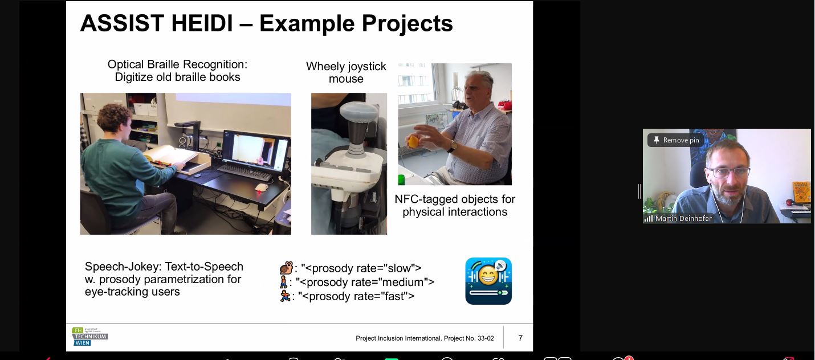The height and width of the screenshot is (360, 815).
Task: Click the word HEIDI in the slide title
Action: pyautogui.click(x=202, y=23)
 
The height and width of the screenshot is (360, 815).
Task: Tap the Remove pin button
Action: pyautogui.click(x=675, y=140)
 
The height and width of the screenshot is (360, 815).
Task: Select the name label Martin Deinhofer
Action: pyautogui.click(x=683, y=219)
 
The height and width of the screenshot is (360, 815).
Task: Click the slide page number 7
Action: pyautogui.click(x=520, y=338)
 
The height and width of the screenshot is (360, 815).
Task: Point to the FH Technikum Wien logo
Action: pyautogui.click(x=89, y=337)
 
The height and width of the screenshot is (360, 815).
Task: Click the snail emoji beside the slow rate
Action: pyautogui.click(x=286, y=268)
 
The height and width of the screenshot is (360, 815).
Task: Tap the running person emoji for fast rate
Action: pyautogui.click(x=285, y=296)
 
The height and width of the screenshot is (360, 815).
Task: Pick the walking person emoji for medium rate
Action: pyautogui.click(x=283, y=282)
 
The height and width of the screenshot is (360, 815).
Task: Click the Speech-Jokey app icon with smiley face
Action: pyautogui.click(x=488, y=281)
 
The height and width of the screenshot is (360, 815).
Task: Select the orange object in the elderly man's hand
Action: pyautogui.click(x=414, y=141)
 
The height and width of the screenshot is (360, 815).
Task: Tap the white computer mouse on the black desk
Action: pyautogui.click(x=261, y=187)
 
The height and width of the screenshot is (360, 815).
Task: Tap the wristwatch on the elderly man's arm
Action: pyautogui.click(x=453, y=146)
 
